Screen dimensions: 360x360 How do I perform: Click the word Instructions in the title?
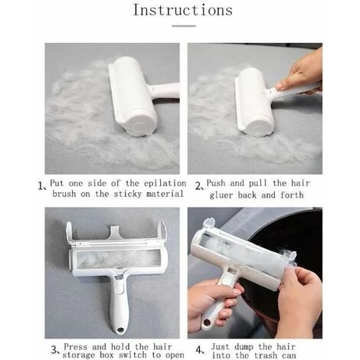[183, 10]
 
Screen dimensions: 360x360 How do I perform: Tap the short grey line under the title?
[184, 26]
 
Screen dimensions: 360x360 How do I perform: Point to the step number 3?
[54, 349]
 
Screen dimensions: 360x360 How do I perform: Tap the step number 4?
[199, 349]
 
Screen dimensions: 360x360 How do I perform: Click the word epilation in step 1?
[165, 183]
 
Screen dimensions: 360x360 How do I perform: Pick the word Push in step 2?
[216, 183]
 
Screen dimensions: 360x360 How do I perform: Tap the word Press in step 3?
[76, 347]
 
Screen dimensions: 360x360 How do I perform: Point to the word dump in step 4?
[244, 347]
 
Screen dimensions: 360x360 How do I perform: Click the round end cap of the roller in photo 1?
[139, 127]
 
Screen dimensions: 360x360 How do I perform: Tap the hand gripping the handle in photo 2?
[301, 72]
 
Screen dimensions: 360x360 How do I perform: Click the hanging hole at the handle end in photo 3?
[119, 329]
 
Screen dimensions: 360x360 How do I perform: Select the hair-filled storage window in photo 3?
[118, 258]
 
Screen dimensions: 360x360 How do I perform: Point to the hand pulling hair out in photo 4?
[299, 301]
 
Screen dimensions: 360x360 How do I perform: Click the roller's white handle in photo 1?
[165, 90]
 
